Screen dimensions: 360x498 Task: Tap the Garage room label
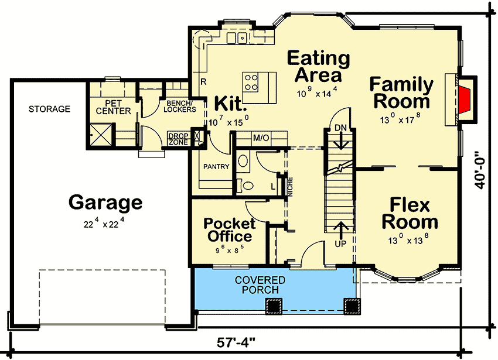click(105, 203)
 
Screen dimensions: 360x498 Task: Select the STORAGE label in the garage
click(49, 109)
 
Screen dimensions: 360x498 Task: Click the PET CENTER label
click(113, 107)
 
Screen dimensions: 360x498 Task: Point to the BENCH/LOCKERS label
click(179, 106)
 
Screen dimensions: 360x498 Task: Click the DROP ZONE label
click(178, 139)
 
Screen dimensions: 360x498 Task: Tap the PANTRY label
click(215, 167)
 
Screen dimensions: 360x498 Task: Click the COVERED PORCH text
click(260, 285)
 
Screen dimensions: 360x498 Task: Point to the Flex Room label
click(410, 214)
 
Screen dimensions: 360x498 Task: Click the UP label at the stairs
click(340, 242)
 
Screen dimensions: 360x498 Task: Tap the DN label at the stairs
click(340, 128)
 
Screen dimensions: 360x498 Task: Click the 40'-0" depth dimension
click(480, 166)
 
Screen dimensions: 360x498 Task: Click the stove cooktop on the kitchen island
click(252, 81)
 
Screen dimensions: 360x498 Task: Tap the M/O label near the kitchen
click(260, 138)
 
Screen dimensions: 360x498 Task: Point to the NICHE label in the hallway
click(290, 186)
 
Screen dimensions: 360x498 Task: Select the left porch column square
click(274, 306)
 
